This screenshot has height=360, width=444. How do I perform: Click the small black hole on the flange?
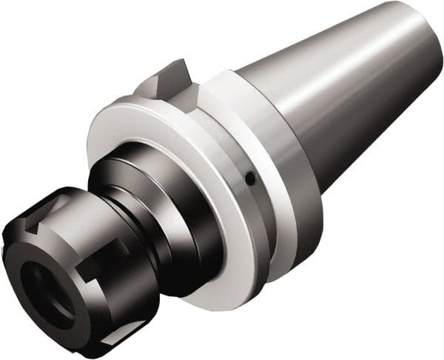click(x=252, y=178)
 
